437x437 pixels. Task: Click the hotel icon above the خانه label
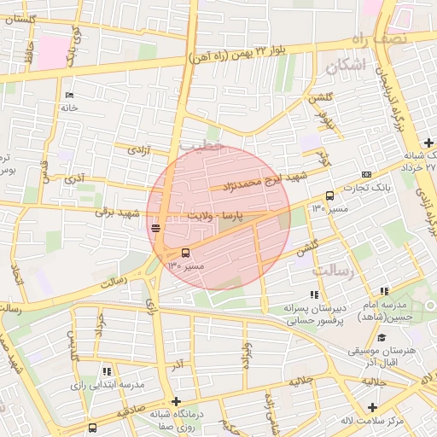(x=69, y=95)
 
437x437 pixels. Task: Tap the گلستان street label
(x=20, y=19)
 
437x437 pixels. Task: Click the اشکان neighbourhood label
(x=351, y=65)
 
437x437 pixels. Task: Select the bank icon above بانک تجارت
(x=367, y=175)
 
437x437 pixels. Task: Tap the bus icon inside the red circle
(x=186, y=253)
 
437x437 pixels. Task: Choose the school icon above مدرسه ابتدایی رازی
(x=107, y=371)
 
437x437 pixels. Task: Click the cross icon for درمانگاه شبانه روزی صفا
(x=176, y=401)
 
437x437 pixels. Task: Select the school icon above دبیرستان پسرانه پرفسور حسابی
(x=316, y=294)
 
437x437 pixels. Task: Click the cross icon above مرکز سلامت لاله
(x=372, y=406)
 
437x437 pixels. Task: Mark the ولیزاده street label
(x=247, y=354)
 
